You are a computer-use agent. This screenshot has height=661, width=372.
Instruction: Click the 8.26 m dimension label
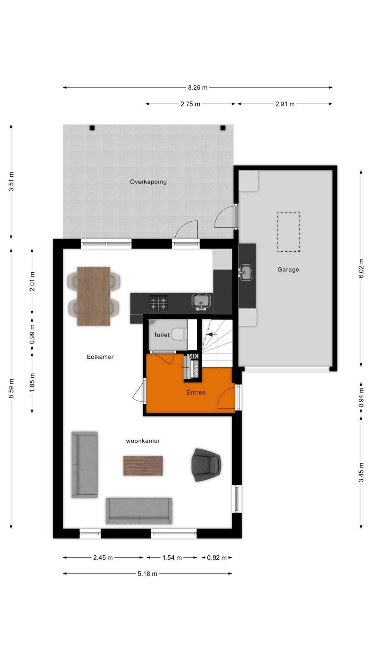198,88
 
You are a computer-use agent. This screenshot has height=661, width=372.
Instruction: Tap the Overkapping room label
148,182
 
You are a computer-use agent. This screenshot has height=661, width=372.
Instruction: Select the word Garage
288,270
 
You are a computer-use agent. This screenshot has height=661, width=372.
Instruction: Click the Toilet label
161,335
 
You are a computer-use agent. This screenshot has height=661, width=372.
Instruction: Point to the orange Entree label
196,392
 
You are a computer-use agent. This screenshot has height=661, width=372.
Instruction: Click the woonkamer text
143,441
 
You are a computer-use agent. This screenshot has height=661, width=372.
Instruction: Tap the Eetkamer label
100,357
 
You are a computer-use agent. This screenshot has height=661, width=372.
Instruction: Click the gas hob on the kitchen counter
158,303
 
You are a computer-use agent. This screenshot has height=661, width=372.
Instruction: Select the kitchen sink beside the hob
201,301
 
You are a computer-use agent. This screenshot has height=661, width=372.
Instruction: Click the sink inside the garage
246,273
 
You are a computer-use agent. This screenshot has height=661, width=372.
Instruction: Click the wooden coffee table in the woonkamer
143,466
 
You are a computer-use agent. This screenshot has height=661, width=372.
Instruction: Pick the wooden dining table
94,296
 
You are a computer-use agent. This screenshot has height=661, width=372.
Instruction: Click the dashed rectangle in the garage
289,232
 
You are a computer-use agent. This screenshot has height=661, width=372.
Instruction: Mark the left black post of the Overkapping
92,128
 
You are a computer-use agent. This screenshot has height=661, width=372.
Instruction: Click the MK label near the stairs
193,356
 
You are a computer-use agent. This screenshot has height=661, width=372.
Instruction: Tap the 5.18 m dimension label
147,574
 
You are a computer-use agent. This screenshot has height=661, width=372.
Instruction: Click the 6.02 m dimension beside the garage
361,268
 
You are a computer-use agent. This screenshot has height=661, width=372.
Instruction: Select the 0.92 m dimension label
217,558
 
